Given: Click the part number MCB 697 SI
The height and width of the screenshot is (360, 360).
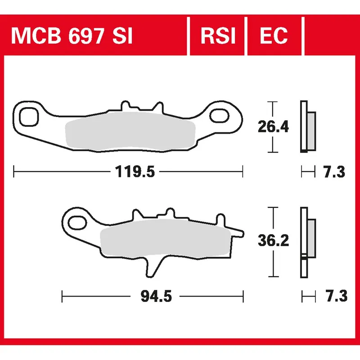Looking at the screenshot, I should [x=72, y=36].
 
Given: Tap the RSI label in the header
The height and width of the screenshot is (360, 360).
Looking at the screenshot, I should [x=218, y=36].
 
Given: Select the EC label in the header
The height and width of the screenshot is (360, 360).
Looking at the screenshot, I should [x=274, y=36].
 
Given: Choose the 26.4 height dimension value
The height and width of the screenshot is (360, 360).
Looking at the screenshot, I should [x=273, y=127].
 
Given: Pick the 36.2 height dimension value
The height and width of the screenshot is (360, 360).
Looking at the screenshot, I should [x=273, y=241].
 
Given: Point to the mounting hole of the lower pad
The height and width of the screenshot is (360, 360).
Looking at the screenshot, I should [x=77, y=221].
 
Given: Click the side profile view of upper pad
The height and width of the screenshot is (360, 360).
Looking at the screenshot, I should [x=307, y=127].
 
